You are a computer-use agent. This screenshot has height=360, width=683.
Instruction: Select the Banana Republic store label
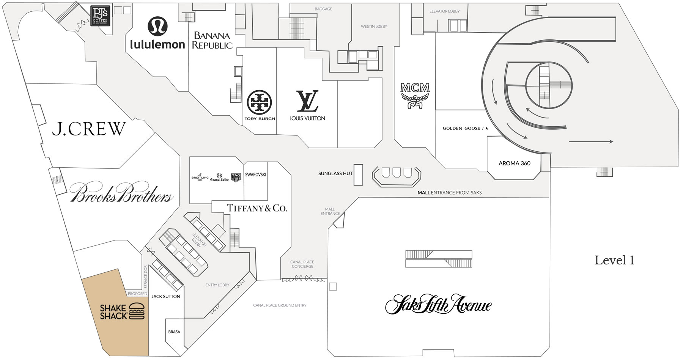212,41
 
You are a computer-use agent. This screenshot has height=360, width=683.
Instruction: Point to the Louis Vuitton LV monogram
307,101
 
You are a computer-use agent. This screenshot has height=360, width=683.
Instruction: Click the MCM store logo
415,95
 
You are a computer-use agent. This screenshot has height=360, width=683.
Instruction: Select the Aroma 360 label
515,163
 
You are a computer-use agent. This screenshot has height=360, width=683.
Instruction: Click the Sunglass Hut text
335,173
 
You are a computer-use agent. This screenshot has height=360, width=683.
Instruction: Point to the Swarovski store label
256,174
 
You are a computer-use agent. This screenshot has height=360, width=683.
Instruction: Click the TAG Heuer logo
236,177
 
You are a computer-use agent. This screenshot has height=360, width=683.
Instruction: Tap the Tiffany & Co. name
257,208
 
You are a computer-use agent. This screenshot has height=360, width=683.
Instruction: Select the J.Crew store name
88,129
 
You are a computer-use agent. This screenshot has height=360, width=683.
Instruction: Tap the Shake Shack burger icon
137,311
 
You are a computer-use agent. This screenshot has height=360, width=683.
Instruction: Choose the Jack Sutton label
166,296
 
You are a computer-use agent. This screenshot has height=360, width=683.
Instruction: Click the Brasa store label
174,332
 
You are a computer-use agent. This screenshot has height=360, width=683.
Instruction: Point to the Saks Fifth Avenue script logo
438,304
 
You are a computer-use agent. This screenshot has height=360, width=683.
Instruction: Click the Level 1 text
614,261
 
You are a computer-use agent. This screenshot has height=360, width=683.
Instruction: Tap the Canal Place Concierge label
302,264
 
